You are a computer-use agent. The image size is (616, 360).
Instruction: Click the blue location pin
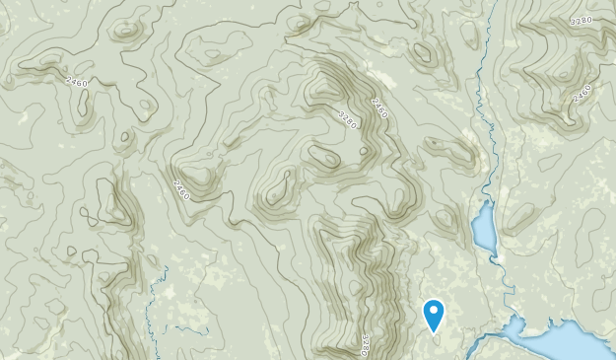pyautogui.click(x=434, y=315)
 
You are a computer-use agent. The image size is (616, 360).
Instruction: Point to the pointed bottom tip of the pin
pyautogui.click(x=434, y=332)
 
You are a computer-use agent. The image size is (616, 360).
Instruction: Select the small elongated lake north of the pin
pyautogui.click(x=484, y=228)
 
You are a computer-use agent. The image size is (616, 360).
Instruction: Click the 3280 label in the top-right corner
pyautogui.click(x=583, y=20)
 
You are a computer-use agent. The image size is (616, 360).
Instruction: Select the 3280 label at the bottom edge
pyautogui.click(x=364, y=344)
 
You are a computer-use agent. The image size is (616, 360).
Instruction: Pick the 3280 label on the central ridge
pyautogui.click(x=348, y=118)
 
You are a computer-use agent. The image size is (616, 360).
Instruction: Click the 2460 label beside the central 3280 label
pyautogui.click(x=378, y=107)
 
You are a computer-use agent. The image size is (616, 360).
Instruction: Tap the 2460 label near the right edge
pyautogui.click(x=582, y=92)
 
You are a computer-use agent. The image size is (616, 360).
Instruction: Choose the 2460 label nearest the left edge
pyautogui.click(x=76, y=82)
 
